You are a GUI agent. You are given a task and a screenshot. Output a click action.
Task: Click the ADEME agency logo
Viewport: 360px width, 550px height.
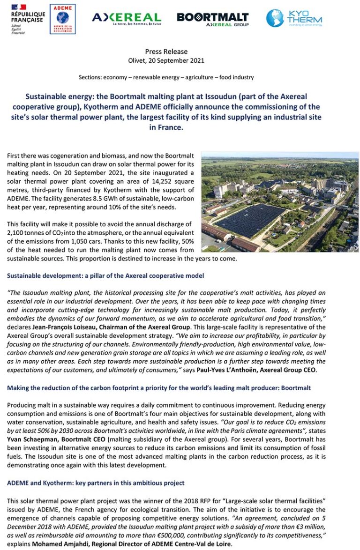point(62,19)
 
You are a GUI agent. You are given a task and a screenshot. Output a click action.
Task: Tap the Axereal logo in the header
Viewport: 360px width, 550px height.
point(126,18)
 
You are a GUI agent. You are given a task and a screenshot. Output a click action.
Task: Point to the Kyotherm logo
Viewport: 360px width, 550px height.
point(294,18)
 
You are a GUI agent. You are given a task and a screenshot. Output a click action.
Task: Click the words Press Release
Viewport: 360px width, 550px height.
point(166,52)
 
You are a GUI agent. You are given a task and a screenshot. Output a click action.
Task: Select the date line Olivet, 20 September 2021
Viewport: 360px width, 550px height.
point(166,60)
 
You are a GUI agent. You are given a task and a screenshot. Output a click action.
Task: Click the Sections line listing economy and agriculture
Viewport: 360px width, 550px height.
point(166,77)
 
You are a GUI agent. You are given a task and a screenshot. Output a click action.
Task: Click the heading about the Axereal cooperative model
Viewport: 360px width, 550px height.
point(105,275)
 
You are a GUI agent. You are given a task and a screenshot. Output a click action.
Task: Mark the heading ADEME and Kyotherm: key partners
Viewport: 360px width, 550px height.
point(96,483)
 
